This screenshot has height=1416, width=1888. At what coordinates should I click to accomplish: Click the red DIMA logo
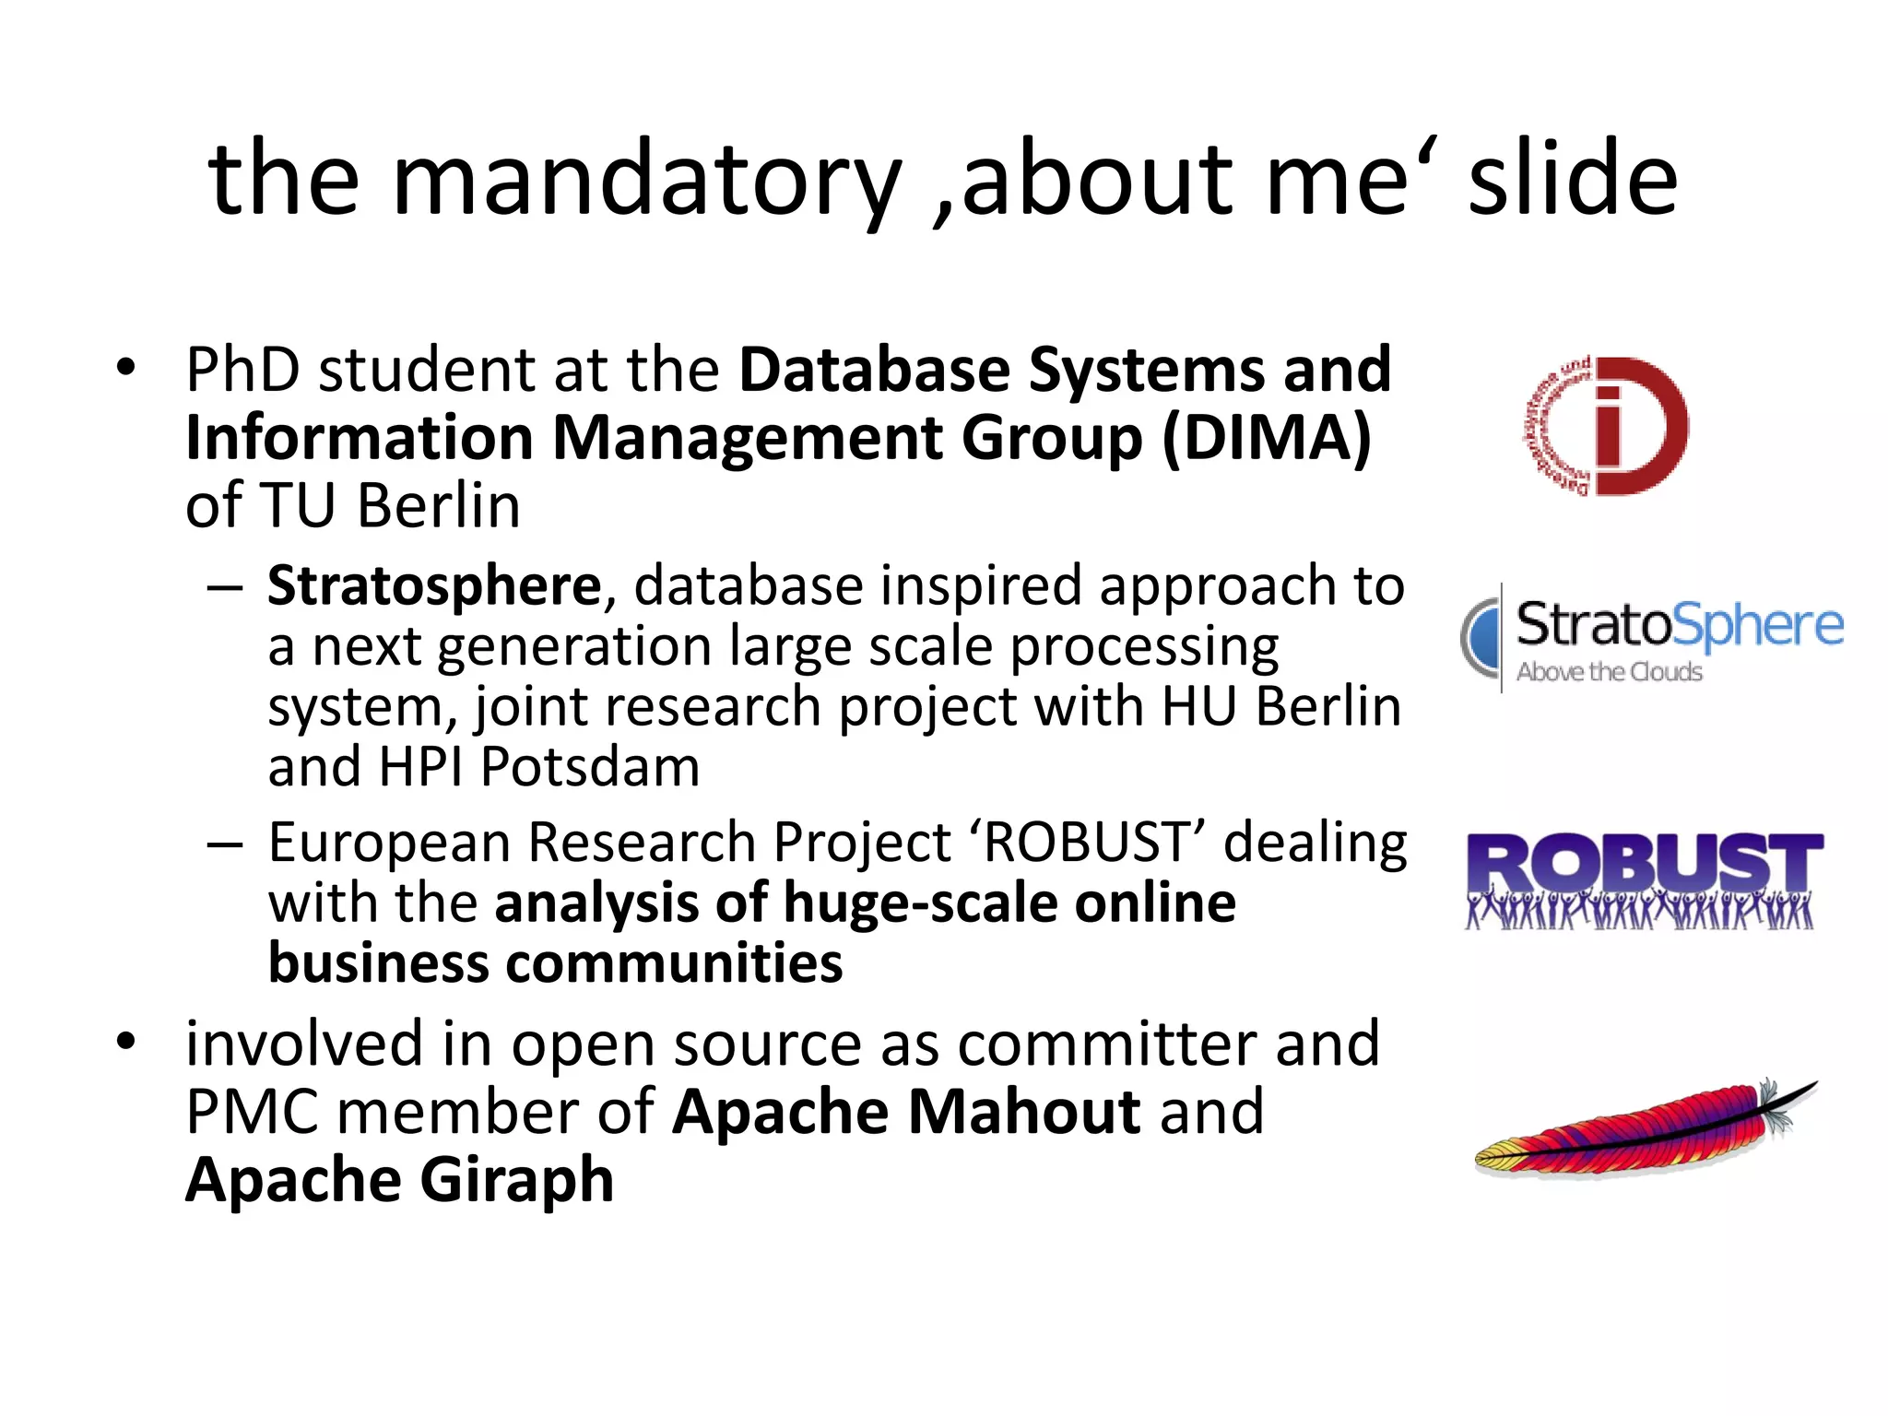1605,427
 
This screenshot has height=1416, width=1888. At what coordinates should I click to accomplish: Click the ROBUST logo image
1642,880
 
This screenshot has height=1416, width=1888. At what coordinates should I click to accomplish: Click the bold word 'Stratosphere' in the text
434,586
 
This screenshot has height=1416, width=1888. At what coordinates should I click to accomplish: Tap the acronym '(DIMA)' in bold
1267,438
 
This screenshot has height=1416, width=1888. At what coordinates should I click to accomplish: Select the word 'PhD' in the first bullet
242,371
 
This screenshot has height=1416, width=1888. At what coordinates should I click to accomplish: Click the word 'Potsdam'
590,767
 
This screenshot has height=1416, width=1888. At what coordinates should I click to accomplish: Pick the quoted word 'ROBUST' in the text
1088,843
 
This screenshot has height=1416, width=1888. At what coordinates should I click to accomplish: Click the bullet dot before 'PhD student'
126,369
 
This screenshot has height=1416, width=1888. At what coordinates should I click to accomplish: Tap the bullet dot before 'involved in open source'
126,1043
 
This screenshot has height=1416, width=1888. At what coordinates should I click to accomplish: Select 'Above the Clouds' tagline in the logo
1609,672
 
